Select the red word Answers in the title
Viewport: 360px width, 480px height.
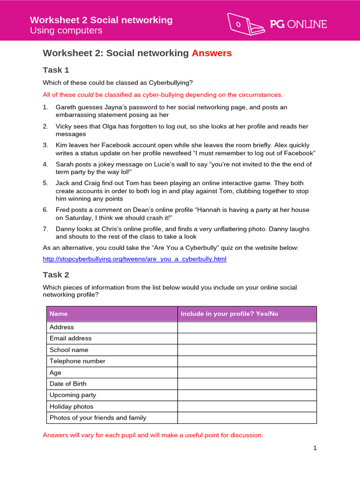(211, 53)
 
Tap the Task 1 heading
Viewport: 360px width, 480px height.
(56, 70)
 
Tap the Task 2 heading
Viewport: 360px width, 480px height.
(56, 275)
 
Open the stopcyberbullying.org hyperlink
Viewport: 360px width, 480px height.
(135, 259)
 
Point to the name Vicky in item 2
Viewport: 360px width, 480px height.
(64, 127)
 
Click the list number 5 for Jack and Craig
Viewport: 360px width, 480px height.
(45, 183)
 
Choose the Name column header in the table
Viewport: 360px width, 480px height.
(59, 314)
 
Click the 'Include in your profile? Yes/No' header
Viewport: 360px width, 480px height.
(229, 314)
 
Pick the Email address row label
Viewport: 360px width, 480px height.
(71, 338)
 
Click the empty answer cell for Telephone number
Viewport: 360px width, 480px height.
(247, 361)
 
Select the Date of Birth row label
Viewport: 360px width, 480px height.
(68, 384)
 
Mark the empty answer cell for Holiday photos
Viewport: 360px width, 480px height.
(247, 406)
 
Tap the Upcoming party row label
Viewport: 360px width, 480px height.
(73, 395)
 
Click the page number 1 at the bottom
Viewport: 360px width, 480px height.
(315, 448)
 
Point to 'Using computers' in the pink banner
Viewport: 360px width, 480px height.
(66, 31)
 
